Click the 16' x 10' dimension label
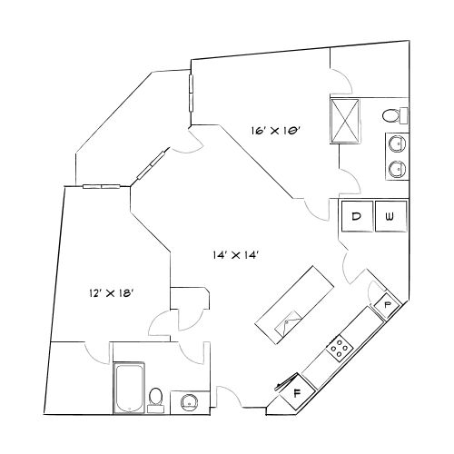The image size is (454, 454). point(276,132)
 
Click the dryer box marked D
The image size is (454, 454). point(357,216)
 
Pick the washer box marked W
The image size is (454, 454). point(390,216)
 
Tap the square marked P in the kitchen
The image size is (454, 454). point(388,303)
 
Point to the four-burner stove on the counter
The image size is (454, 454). point(340,346)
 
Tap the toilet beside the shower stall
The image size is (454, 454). point(391,115)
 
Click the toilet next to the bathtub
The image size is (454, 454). point(155,397)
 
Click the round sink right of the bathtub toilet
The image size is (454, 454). point(190,400)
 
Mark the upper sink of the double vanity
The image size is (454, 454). point(396,143)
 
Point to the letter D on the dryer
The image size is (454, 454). point(357,216)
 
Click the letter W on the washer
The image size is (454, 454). point(390,216)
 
